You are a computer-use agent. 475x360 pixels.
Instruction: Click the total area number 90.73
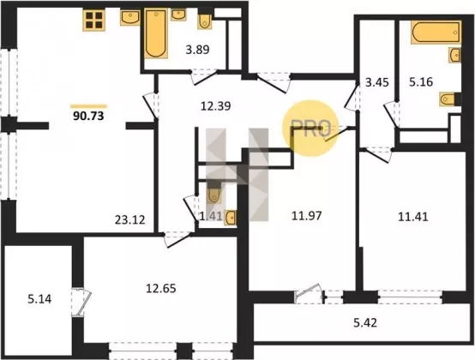pos(88,116)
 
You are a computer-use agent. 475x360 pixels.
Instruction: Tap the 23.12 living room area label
pos(130,219)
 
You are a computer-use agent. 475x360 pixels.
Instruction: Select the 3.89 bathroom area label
pos(197,50)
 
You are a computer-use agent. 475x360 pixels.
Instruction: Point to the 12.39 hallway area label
pos(216,106)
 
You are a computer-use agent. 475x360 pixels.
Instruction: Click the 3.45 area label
pos(377,82)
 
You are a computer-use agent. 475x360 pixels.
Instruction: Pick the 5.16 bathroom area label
pos(421,81)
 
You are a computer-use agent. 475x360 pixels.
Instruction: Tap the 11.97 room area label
pos(307,216)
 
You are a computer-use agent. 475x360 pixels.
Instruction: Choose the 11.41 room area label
pos(413,217)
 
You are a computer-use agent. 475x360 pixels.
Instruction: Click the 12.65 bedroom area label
pos(161,288)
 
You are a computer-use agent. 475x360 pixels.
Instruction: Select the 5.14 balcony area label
pos(39,299)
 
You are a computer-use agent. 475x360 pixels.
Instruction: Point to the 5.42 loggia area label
pos(365,323)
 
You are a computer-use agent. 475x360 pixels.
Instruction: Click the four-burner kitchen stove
pos(94,20)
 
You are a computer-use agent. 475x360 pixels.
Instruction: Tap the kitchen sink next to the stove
pos(130,17)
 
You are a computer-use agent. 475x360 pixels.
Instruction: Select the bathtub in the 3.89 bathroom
pos(156,33)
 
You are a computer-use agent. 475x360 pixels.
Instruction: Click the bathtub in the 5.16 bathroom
pos(436,32)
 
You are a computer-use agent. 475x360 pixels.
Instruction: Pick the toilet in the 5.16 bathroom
pos(447,99)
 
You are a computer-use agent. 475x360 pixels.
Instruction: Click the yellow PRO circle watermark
pos(310,128)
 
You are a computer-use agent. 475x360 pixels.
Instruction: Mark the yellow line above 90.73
pos(88,106)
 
